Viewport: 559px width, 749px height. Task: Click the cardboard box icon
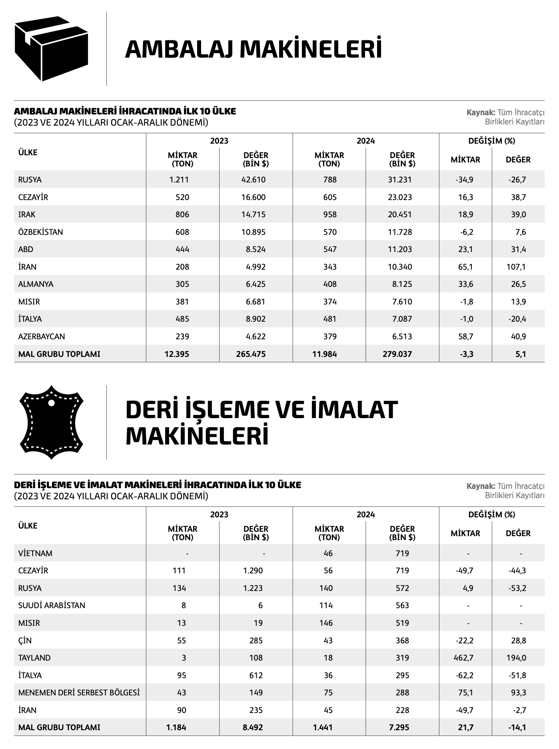click(51, 48)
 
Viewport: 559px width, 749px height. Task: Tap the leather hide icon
click(51, 422)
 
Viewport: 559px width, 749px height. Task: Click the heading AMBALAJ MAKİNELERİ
click(254, 49)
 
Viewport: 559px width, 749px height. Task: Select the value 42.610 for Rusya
click(254, 180)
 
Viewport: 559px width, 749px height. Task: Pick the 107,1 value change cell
click(516, 267)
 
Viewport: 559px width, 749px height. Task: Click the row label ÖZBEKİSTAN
click(40, 232)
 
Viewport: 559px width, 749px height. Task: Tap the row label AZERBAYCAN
click(42, 336)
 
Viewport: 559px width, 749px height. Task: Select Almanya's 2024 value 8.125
click(402, 284)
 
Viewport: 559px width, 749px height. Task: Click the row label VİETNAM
click(35, 553)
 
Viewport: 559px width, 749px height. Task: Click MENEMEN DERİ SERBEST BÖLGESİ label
click(79, 693)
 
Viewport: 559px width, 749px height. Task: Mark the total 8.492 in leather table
click(253, 727)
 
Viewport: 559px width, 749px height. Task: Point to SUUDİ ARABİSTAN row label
click(52, 605)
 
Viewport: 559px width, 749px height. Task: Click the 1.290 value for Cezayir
click(253, 571)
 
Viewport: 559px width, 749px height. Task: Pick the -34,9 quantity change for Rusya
click(464, 180)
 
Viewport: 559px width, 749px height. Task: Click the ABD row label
click(26, 249)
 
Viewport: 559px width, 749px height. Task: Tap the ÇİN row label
click(25, 641)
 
